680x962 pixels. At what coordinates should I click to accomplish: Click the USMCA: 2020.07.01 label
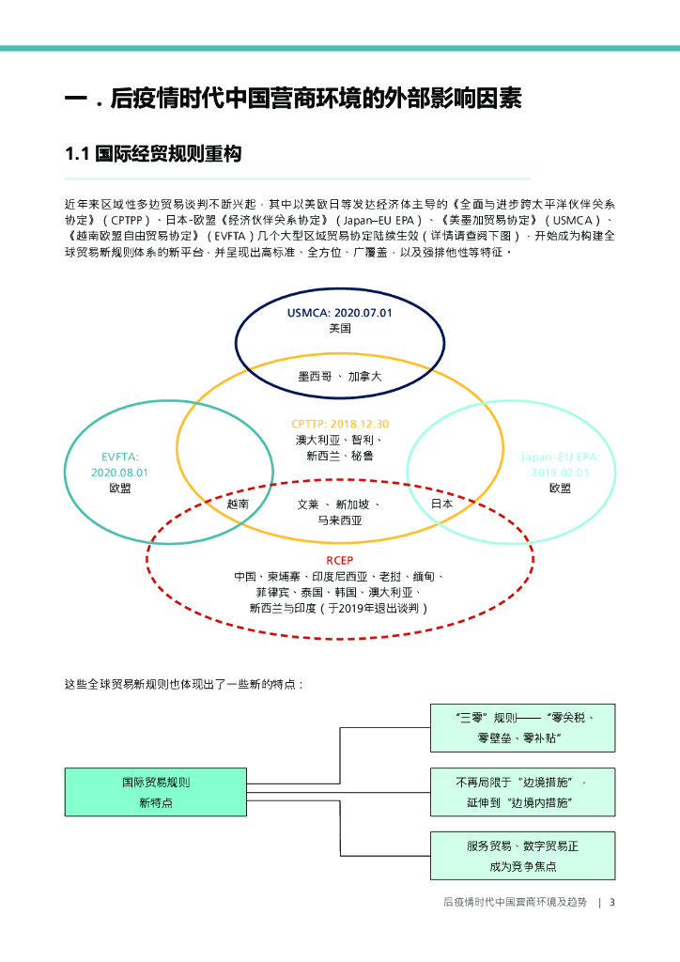tap(339, 313)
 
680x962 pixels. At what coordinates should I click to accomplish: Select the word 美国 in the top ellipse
tap(340, 329)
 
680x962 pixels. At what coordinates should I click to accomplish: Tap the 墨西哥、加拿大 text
tap(340, 377)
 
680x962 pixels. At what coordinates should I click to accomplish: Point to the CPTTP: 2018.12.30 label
tap(340, 424)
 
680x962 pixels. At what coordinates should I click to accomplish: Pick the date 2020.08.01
tap(120, 473)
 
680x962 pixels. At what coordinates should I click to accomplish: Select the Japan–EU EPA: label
tap(560, 458)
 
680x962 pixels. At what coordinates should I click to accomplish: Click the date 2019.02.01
tap(560, 473)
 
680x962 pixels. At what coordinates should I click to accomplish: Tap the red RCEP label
tap(339, 560)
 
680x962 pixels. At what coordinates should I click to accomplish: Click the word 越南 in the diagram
tap(238, 504)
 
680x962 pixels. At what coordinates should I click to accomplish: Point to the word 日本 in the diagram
tap(441, 504)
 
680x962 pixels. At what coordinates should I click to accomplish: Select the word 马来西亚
tap(340, 520)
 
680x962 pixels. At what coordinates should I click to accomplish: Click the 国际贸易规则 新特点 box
tap(156, 792)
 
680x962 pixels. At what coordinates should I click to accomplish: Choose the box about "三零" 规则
tap(522, 728)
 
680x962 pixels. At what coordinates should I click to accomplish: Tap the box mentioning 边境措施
tap(522, 792)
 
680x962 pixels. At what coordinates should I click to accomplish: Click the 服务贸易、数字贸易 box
tap(522, 856)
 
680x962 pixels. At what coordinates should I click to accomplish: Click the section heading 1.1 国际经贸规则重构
tap(153, 154)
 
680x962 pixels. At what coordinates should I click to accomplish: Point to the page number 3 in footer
tap(611, 903)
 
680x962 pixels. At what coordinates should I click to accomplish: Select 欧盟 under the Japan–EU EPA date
tap(560, 489)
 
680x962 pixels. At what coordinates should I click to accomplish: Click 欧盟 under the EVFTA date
tap(120, 489)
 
